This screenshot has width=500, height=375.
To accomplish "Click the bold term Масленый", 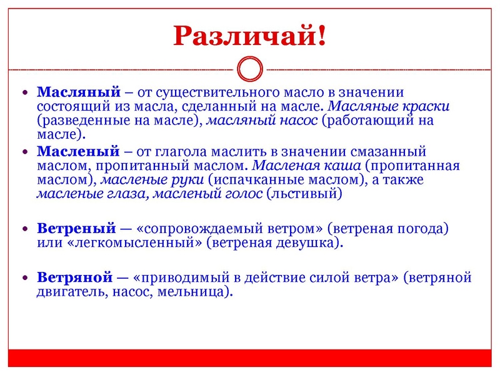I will coord(78,151).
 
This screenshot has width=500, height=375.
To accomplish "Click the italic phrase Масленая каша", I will coord(306,166).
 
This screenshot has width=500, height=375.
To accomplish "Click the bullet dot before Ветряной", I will coord(24,277).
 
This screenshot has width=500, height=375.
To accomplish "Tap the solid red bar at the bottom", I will coord(249,358).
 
